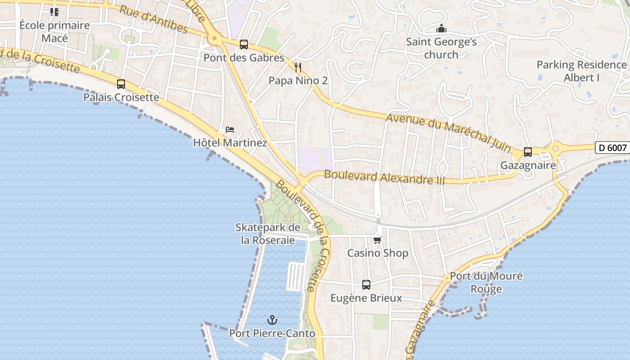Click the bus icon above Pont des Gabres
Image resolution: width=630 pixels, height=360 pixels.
click(x=244, y=45)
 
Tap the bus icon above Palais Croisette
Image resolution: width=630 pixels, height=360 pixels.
click(x=121, y=84)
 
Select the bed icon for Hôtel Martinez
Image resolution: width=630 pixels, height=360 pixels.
click(x=230, y=130)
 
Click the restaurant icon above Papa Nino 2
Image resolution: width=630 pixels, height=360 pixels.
click(x=298, y=67)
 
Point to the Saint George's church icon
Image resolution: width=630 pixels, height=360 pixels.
click(x=441, y=29)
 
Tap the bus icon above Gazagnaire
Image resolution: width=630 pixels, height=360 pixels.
click(x=528, y=152)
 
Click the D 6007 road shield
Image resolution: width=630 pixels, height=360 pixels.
click(x=613, y=148)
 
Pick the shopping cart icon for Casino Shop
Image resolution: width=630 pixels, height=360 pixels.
click(x=378, y=240)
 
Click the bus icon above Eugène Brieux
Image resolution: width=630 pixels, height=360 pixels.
click(x=366, y=285)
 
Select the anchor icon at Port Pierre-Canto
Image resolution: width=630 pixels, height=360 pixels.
click(x=272, y=320)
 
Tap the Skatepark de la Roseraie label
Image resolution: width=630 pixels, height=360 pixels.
click(x=268, y=234)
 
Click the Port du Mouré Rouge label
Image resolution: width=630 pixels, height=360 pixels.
click(x=486, y=283)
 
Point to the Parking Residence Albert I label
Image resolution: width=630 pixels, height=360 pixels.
click(x=581, y=71)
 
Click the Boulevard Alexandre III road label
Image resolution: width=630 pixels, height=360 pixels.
click(x=384, y=177)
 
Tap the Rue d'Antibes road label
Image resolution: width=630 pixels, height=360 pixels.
click(x=153, y=19)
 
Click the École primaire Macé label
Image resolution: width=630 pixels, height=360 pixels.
click(x=54, y=31)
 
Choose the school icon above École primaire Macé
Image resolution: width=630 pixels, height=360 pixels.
click(x=54, y=12)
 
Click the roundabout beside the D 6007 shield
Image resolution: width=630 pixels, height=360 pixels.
click(x=555, y=148)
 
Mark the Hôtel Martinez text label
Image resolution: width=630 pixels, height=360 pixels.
click(x=230, y=143)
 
